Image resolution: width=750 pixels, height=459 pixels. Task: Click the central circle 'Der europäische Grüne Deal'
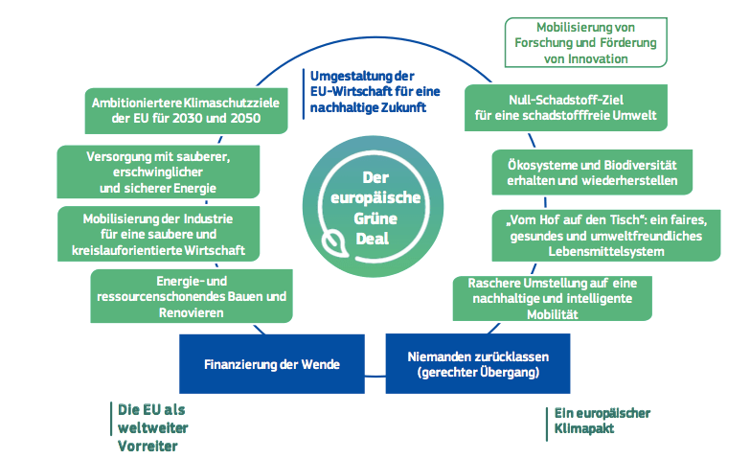pos(375,206)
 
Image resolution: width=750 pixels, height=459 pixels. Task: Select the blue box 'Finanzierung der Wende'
pos(271,364)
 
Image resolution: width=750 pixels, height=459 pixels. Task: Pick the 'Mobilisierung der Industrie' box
pos(157,232)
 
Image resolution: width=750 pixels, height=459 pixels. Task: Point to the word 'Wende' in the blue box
pos(321,364)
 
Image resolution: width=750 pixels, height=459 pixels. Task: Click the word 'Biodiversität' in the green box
pos(644,163)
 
